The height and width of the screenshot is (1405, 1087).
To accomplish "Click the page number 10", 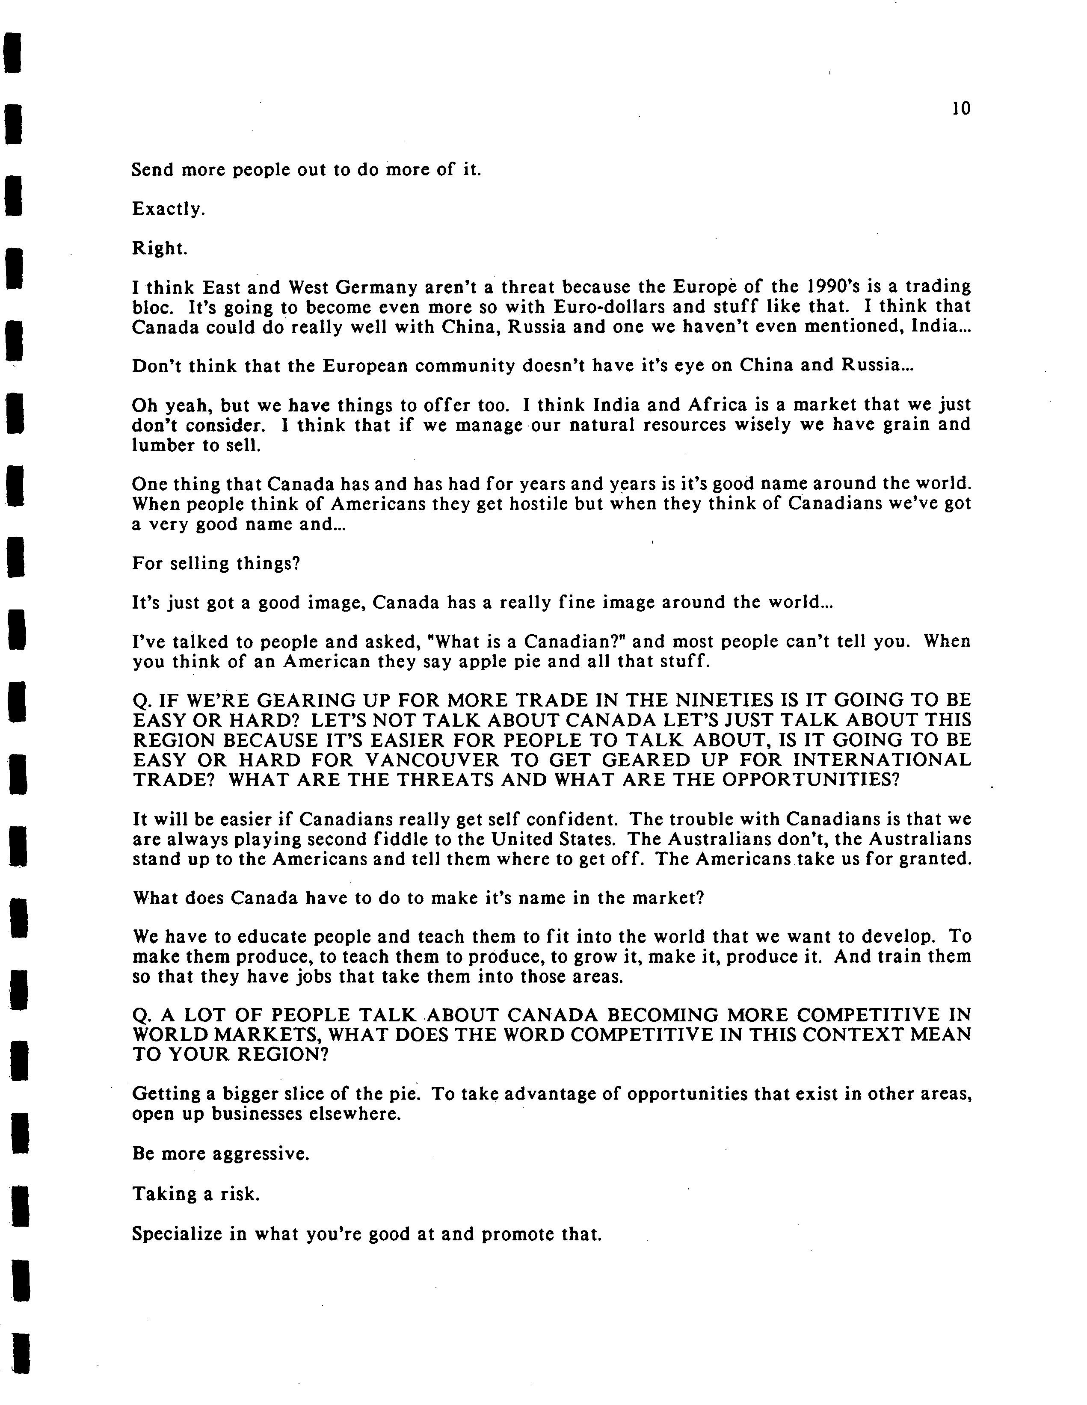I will (960, 109).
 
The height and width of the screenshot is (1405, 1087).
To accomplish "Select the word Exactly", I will (168, 209).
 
